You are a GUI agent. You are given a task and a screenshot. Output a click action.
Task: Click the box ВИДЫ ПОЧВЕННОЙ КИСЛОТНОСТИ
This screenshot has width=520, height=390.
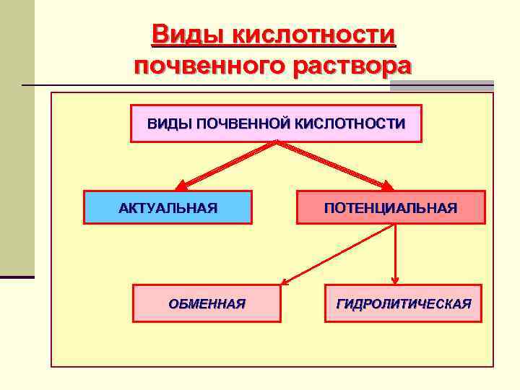click(276, 123)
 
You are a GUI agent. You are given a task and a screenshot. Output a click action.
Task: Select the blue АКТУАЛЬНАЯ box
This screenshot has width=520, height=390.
click(168, 208)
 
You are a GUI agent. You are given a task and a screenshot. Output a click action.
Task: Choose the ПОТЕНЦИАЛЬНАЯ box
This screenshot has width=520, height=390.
click(390, 208)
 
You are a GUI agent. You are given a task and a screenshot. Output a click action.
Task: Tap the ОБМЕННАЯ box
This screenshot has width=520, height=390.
click(207, 303)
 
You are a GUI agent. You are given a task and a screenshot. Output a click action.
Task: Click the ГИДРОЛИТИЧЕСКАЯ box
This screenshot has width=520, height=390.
click(404, 303)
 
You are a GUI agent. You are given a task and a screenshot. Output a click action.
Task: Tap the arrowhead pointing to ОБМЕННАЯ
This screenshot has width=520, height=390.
click(285, 282)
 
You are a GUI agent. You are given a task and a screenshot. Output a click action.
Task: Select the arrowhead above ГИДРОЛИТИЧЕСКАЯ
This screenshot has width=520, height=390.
click(395, 279)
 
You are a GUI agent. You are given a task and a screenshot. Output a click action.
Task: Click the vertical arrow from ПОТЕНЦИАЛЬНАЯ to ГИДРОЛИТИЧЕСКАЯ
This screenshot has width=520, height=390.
click(395, 253)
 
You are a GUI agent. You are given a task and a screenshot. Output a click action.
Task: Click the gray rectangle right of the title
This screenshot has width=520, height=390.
click(441, 86)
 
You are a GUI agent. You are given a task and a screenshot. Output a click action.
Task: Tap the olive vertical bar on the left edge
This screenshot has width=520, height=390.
click(17, 137)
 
